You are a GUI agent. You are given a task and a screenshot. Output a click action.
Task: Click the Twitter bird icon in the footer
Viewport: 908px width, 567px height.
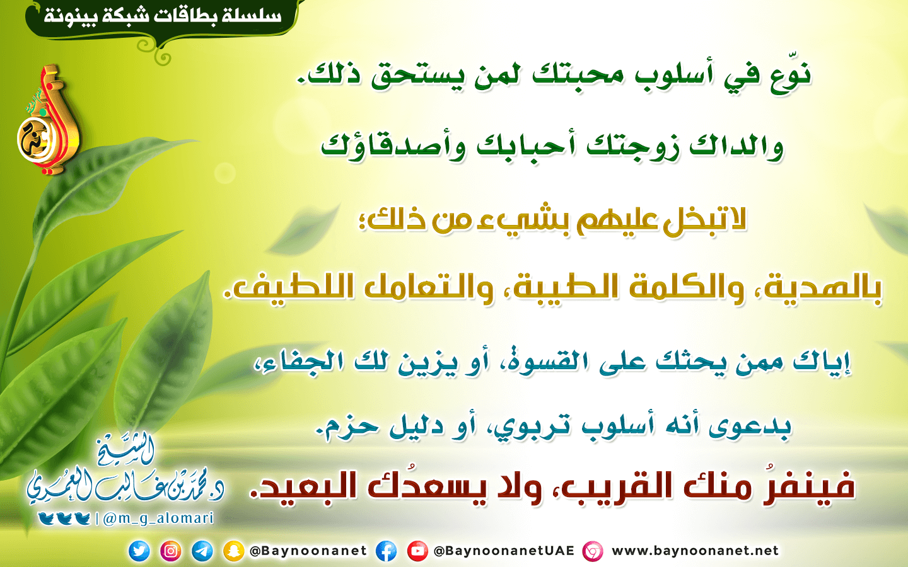coord(139,551)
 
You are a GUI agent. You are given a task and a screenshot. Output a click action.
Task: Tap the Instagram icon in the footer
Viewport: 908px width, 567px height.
coord(171,551)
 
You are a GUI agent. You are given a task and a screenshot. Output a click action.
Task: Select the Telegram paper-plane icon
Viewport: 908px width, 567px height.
coord(202,551)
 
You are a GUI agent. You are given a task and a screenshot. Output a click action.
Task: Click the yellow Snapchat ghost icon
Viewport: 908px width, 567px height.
coord(234,551)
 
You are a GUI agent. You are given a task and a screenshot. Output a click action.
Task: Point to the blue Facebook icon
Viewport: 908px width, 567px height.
coord(387,551)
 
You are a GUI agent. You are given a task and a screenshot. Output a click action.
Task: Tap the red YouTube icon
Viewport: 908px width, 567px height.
coord(417,551)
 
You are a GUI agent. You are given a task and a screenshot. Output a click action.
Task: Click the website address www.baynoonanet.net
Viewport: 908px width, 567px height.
coord(695,551)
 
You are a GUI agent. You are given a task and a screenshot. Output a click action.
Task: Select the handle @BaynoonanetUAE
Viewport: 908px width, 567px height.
coord(504,551)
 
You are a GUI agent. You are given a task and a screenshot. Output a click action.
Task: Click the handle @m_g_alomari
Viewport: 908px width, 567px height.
coord(158,519)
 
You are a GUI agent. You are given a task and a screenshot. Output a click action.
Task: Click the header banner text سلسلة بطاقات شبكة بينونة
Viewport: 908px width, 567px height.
coord(162,16)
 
